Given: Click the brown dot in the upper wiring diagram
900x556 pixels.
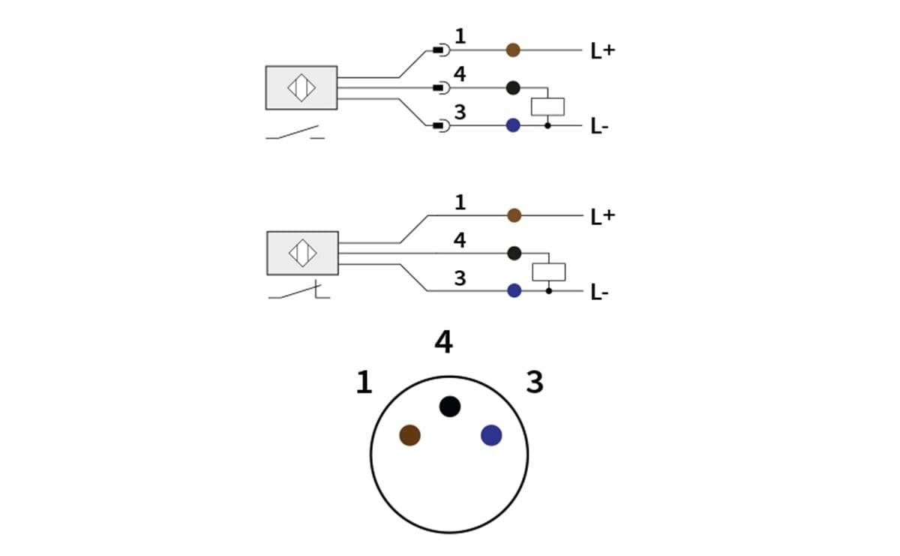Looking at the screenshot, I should (x=513, y=50).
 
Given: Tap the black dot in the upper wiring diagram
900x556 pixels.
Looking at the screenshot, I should (x=513, y=88).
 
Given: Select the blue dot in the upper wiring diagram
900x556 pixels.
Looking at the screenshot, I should (x=513, y=125).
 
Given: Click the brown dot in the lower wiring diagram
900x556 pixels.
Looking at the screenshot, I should (x=514, y=215).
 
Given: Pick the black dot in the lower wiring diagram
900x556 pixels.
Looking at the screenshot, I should (x=514, y=253).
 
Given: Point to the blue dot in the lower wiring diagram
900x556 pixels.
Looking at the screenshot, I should (x=514, y=290).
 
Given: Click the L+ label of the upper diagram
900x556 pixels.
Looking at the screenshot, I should (x=602, y=51).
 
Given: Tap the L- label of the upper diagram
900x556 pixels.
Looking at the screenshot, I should (x=599, y=127).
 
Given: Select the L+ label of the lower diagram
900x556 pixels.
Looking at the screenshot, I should (x=602, y=217).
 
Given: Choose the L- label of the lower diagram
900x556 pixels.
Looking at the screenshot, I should (x=599, y=293).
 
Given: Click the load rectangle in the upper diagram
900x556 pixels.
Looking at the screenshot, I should (x=547, y=107).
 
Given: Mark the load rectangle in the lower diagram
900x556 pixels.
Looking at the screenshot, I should (x=548, y=272).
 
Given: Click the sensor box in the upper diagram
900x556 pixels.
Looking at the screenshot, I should (x=301, y=88).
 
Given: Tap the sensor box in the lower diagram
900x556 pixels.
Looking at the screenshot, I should (x=302, y=253).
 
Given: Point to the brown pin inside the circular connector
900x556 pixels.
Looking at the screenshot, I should (x=409, y=435).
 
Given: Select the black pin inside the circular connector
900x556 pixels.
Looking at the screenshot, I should (x=449, y=407).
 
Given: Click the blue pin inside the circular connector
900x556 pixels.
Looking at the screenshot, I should (x=491, y=435).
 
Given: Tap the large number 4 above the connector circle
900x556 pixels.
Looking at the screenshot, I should (x=443, y=342).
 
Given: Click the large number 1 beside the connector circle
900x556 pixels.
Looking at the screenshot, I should (x=364, y=383).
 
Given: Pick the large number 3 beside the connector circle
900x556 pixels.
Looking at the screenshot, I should (x=534, y=383).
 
